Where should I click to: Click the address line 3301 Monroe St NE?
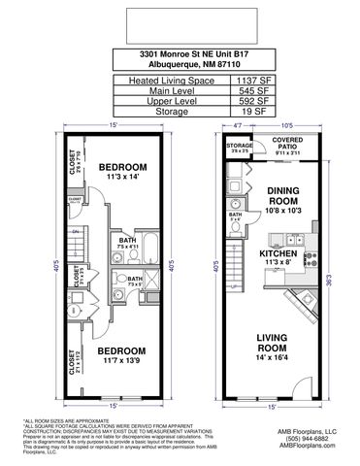point(180,54)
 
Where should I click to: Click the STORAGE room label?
point(240,149)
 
